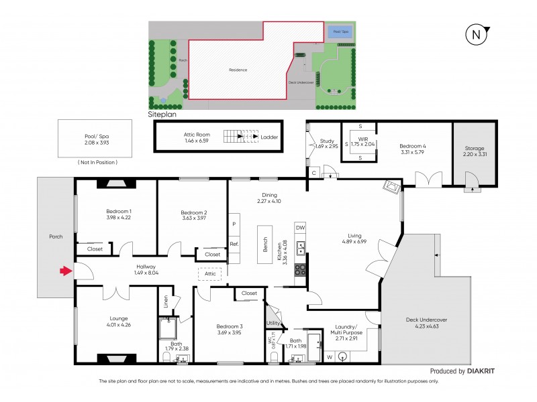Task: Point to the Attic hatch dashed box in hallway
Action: click(210, 273)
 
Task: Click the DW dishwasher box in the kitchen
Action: click(300, 228)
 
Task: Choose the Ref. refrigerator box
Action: click(234, 244)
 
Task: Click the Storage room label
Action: click(474, 148)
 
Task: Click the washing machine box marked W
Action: click(329, 357)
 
